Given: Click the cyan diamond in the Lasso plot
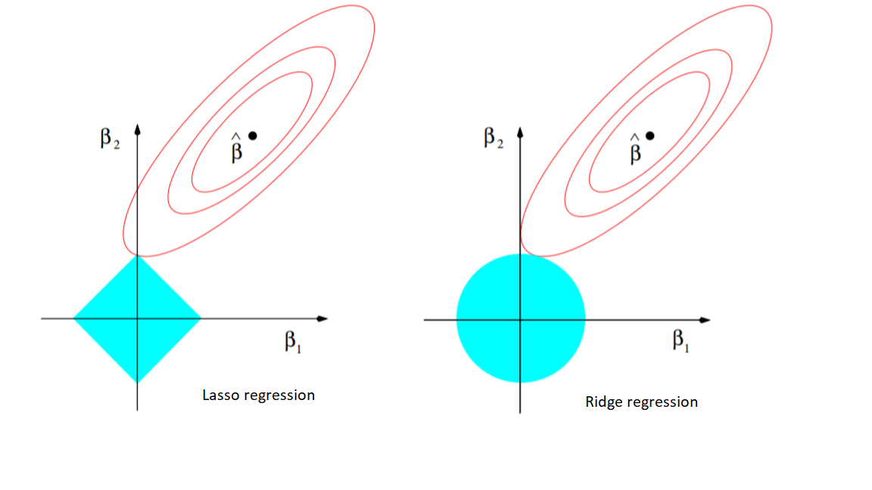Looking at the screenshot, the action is tap(137, 319).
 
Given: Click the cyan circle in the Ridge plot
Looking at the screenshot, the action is tap(521, 318).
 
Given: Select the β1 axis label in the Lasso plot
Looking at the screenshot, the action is tap(292, 341).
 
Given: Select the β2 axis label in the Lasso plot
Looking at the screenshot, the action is tap(110, 138).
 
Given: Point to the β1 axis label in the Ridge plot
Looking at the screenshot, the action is tap(680, 340).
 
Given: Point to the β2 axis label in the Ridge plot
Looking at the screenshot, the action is tap(494, 138).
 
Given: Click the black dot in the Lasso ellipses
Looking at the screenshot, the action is tap(253, 135).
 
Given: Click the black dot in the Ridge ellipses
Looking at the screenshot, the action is tap(649, 135).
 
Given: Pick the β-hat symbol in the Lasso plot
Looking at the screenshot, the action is tap(236, 147).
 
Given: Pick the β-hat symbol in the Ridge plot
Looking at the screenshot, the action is tap(634, 148).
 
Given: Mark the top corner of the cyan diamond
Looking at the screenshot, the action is tap(137, 255).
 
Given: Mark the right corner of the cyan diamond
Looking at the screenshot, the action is tap(201, 319).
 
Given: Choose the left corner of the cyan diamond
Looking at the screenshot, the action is tap(73, 319).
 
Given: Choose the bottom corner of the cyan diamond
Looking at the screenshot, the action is tap(137, 383).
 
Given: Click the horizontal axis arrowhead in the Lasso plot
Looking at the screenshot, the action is tap(322, 319).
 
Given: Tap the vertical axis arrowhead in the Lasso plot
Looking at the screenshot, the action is tap(137, 129).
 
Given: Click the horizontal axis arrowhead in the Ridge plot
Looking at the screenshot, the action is tap(705, 320).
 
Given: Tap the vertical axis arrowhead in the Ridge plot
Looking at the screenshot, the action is tap(520, 132).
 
